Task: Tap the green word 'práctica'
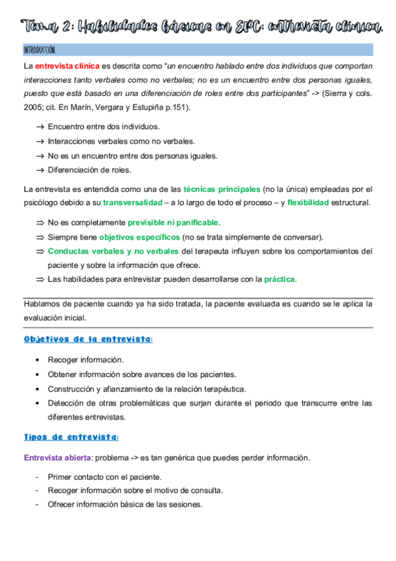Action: pyautogui.click(x=280, y=279)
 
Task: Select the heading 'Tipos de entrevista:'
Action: pyautogui.click(x=71, y=437)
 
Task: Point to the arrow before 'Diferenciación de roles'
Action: pyautogui.click(x=40, y=169)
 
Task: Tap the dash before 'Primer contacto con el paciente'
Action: pyautogui.click(x=38, y=476)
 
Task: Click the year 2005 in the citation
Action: pyautogui.click(x=33, y=107)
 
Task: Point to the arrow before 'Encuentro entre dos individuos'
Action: pyautogui.click(x=40, y=126)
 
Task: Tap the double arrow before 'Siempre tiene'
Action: pyautogui.click(x=40, y=237)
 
